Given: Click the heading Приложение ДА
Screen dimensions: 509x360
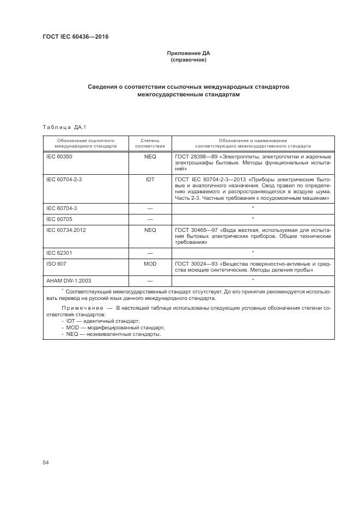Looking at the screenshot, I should (x=188, y=53).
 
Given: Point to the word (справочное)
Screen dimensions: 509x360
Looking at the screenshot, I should (x=188, y=60).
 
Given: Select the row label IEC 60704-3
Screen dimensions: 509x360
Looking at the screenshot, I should (x=62, y=208).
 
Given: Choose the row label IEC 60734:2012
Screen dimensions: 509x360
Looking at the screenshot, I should (x=67, y=230).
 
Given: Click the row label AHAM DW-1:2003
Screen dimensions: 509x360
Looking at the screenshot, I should (x=69, y=280).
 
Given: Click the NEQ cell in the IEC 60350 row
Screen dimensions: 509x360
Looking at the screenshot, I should (x=150, y=157).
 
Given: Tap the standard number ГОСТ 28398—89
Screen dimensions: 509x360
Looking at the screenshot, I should (x=196, y=157).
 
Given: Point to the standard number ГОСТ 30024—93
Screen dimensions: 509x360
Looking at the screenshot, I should (x=196, y=263).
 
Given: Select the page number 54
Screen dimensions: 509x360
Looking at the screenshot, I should (x=46, y=462).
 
